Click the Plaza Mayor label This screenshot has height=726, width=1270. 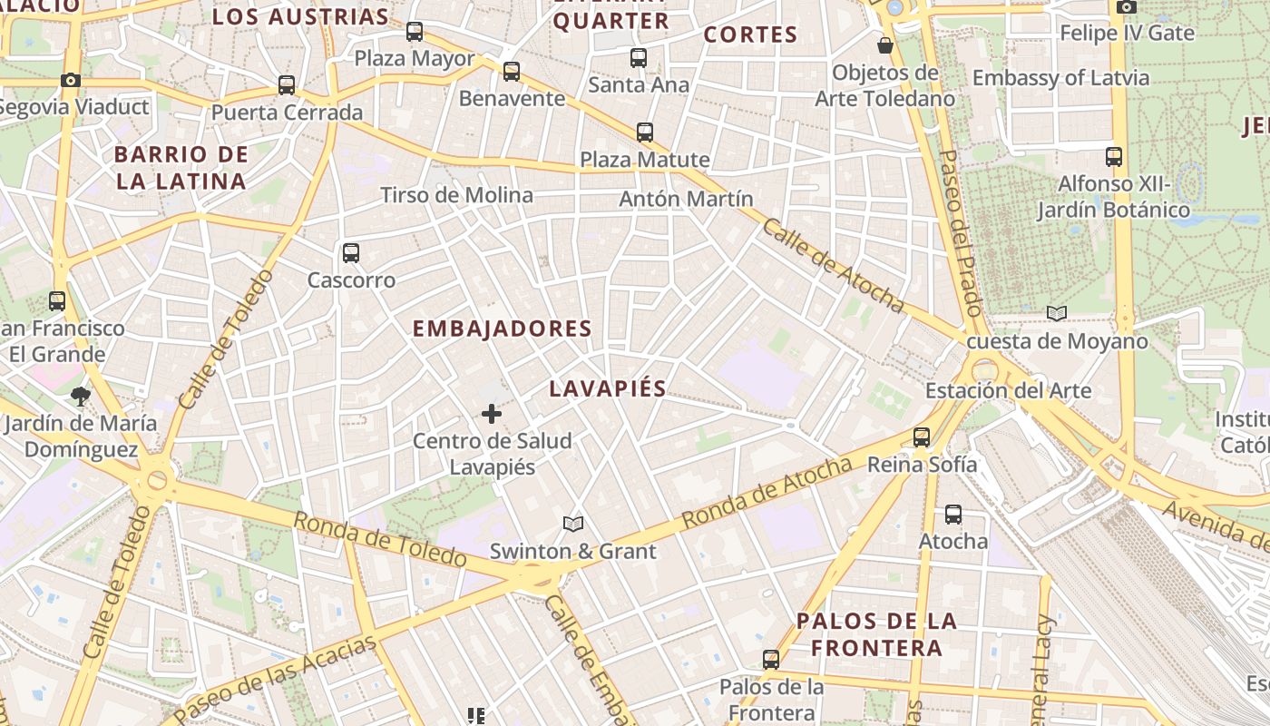pyautogui.click(x=414, y=59)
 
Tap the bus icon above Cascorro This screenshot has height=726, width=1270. pyautogui.click(x=351, y=253)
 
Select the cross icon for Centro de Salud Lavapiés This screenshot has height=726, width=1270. pyautogui.click(x=492, y=415)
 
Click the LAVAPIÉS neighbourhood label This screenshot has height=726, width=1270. pyautogui.click(x=608, y=388)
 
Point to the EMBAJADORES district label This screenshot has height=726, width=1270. pyautogui.click(x=502, y=329)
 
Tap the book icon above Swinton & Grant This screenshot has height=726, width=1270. pyautogui.click(x=572, y=524)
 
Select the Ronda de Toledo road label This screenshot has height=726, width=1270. pyautogui.click(x=379, y=539)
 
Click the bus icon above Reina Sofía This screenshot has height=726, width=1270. pyautogui.click(x=922, y=437)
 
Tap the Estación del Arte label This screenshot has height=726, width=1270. pyautogui.click(x=1008, y=391)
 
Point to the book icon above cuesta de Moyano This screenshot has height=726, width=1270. pyautogui.click(x=1057, y=314)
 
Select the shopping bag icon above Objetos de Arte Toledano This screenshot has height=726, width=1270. pyautogui.click(x=884, y=45)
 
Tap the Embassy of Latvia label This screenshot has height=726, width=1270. pyautogui.click(x=1060, y=78)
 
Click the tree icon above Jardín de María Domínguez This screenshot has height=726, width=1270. pyautogui.click(x=81, y=396)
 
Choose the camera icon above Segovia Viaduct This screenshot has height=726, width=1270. pyautogui.click(x=71, y=80)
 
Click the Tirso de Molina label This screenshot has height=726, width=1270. pyautogui.click(x=456, y=195)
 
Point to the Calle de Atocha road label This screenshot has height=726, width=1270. pyautogui.click(x=833, y=265)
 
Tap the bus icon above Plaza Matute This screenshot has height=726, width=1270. pyautogui.click(x=645, y=132)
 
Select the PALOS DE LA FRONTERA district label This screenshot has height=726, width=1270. pyautogui.click(x=876, y=634)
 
